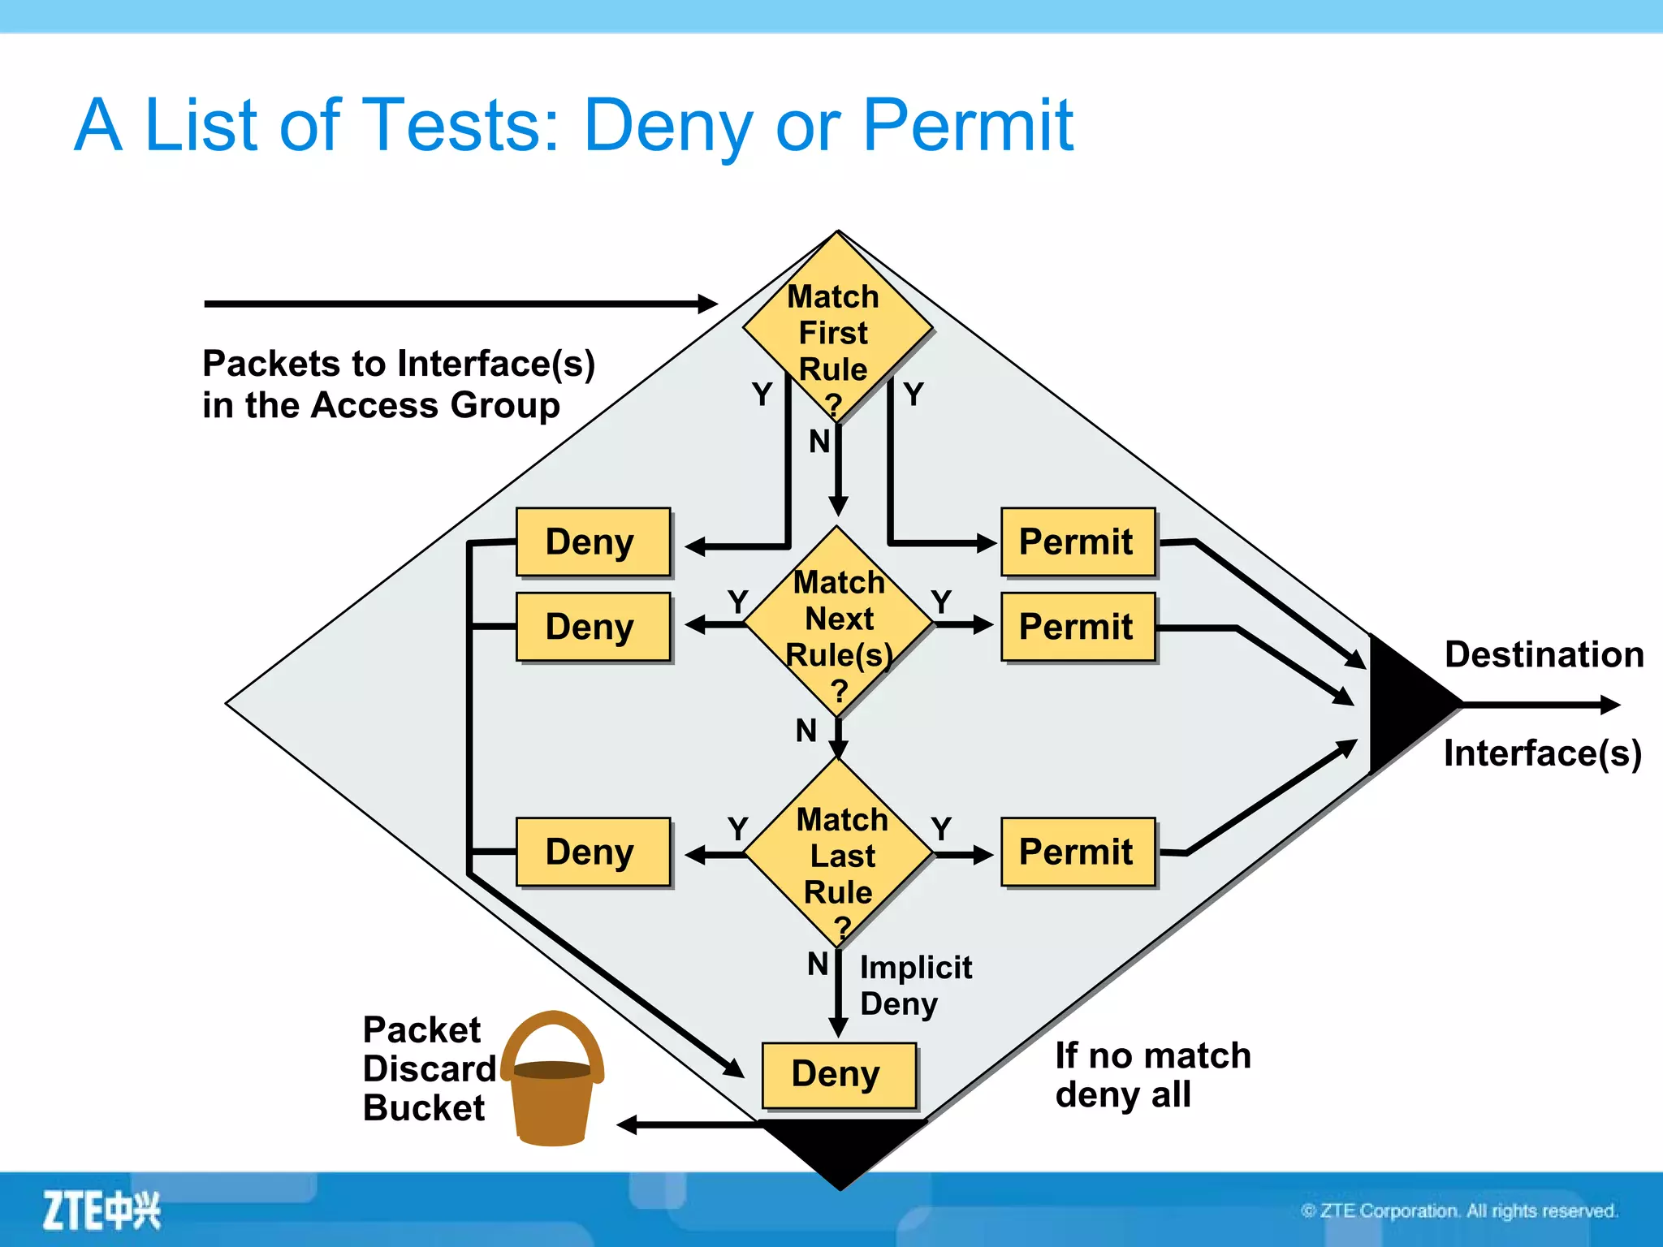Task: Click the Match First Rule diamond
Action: click(x=836, y=329)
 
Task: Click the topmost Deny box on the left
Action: click(x=593, y=542)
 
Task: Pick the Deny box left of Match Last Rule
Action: click(x=593, y=852)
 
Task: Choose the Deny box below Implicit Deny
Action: click(x=838, y=1074)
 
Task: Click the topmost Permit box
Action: click(x=1077, y=542)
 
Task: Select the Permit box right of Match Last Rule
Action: click(x=1077, y=852)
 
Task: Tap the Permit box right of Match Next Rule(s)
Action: click(x=1077, y=627)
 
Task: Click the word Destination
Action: click(x=1544, y=654)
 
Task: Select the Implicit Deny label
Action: click(x=914, y=985)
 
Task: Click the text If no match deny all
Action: click(x=1151, y=1074)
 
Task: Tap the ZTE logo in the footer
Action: click(x=102, y=1210)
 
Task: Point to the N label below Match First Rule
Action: click(x=819, y=442)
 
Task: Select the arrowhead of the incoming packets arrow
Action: click(x=708, y=304)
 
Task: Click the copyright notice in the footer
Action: click(x=1458, y=1210)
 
